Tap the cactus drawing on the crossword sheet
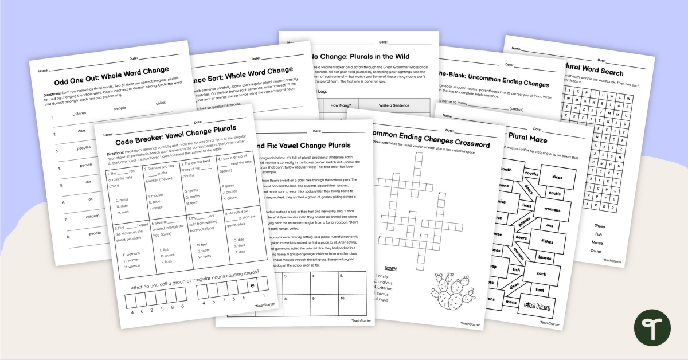point(452,292)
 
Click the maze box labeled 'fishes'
point(547,241)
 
